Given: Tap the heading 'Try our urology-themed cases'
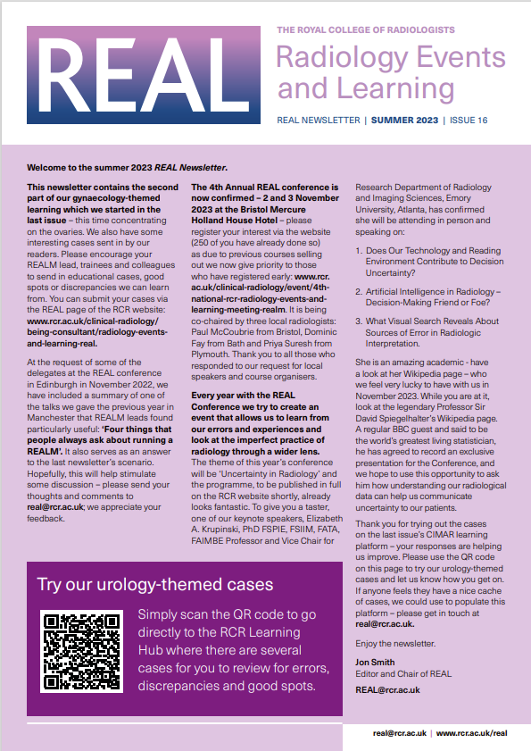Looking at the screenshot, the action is (x=155, y=585).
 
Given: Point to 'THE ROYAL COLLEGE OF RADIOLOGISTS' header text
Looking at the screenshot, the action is (x=378, y=30).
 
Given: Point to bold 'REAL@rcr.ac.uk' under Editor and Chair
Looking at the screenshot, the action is (x=387, y=689).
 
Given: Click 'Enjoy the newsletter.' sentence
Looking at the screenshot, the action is (x=394, y=643).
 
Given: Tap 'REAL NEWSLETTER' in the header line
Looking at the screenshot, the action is (x=319, y=120).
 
